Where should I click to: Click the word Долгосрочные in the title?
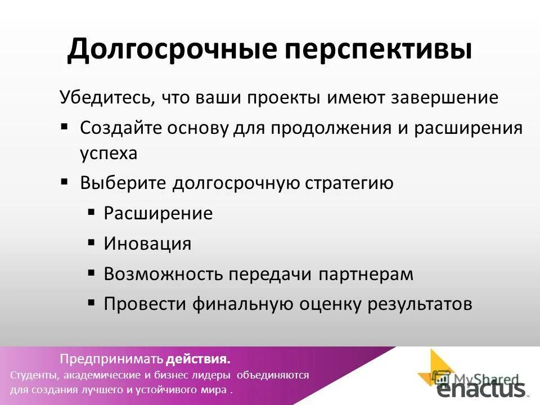pyautogui.click(x=172, y=50)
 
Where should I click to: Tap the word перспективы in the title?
pyautogui.click(x=379, y=50)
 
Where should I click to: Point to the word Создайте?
pyautogui.click(x=120, y=128)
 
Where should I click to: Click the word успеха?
pyautogui.click(x=109, y=154)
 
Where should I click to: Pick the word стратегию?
pyautogui.click(x=349, y=183)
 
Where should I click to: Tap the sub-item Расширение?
pyautogui.click(x=158, y=214)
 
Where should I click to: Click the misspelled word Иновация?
pyautogui.click(x=147, y=244)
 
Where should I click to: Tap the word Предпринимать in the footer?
pyautogui.click(x=112, y=359)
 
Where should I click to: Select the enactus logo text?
pyautogui.click(x=481, y=390)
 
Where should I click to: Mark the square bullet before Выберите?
pyautogui.click(x=65, y=182)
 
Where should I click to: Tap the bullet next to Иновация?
pyautogui.click(x=91, y=242)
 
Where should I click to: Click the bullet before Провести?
pyautogui.click(x=91, y=303)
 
